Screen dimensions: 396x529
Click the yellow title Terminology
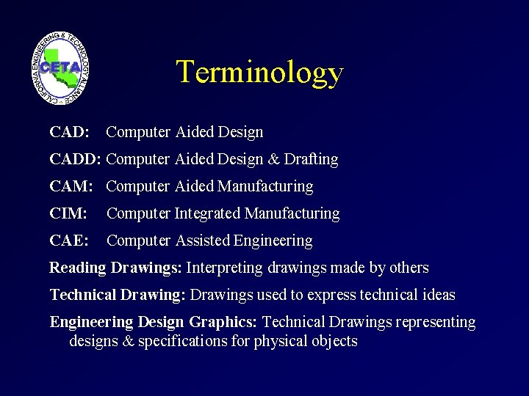pyautogui.click(x=259, y=73)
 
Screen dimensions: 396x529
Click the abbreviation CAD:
pyautogui.click(x=69, y=133)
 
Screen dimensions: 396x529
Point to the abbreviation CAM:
pyautogui.click(x=71, y=187)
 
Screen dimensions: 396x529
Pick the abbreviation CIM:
pyautogui.click(x=68, y=214)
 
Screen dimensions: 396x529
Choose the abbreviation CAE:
pyautogui.click(x=69, y=241)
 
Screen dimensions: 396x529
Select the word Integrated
pyautogui.click(x=207, y=214)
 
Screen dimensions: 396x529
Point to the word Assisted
pyautogui.click(x=203, y=241)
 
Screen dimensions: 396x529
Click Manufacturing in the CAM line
pyautogui.click(x=265, y=187)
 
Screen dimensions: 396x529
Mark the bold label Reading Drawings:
pyautogui.click(x=115, y=268)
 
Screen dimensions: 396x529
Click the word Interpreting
pyautogui.click(x=224, y=268)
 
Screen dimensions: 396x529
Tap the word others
pyautogui.click(x=408, y=268)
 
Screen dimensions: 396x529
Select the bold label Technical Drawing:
pyautogui.click(x=118, y=296)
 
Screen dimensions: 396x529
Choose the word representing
pyautogui.click(x=436, y=323)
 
